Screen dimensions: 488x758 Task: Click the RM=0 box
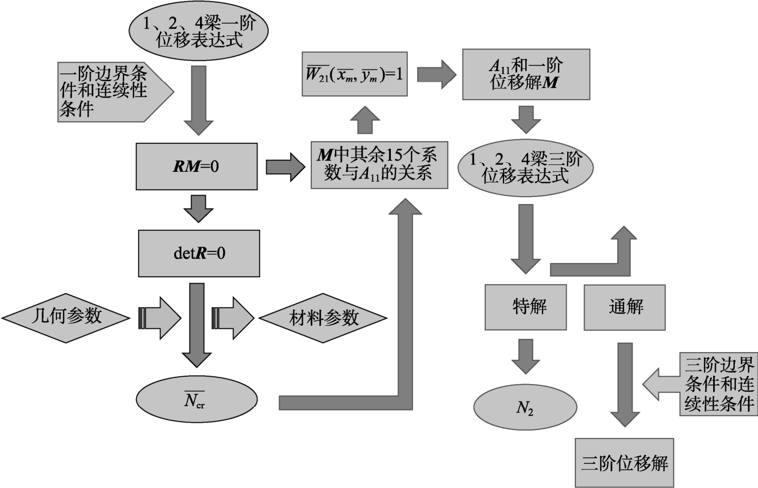196,167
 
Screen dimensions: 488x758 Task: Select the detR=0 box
199,253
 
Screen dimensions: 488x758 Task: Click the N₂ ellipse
525,407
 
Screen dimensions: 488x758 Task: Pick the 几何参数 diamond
66,317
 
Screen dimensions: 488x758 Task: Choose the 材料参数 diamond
323,318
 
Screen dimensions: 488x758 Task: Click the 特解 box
525,307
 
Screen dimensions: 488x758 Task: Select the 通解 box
624,307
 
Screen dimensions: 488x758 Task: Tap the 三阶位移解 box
624,463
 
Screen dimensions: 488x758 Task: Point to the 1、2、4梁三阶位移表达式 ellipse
525,168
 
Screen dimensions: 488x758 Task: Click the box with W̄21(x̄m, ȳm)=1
355,74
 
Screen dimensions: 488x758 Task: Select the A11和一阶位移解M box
526,74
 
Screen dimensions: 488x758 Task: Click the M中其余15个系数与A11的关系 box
379,164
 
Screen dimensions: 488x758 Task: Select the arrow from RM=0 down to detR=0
199,208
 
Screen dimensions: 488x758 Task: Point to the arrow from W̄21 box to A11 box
436,74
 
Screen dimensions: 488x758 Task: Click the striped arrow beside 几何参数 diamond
160,318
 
